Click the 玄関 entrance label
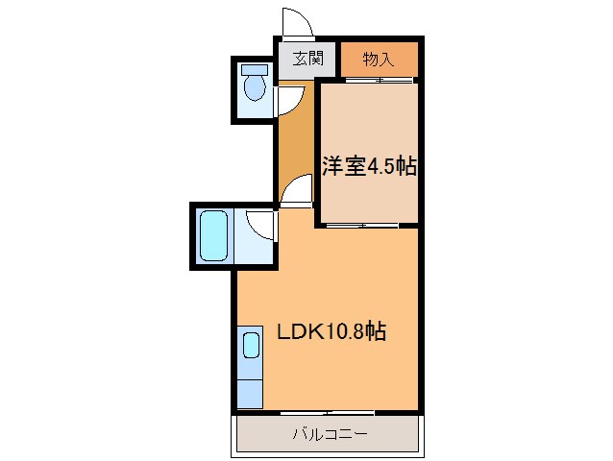[308, 59]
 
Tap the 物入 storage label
[379, 59]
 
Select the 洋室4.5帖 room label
[369, 165]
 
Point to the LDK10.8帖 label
[332, 332]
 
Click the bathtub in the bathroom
[212, 237]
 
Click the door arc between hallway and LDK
[298, 192]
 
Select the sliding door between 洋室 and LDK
[361, 225]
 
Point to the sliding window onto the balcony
[327, 413]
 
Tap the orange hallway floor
[295, 144]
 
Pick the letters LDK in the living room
[296, 332]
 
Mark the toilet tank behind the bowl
[255, 70]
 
